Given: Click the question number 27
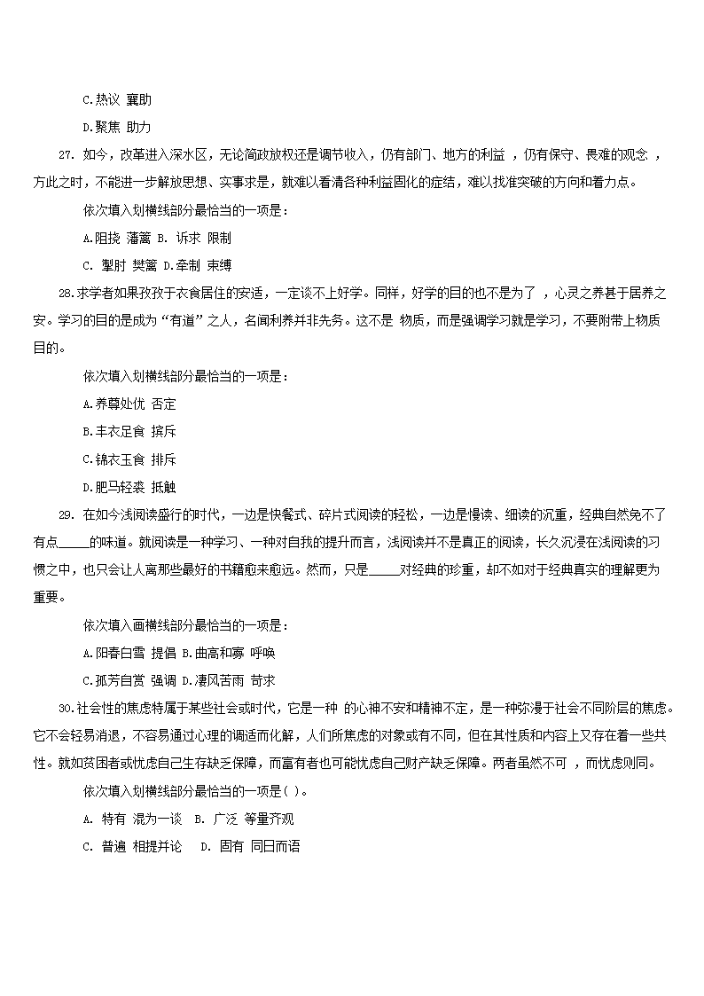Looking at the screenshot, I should pos(66,155).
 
